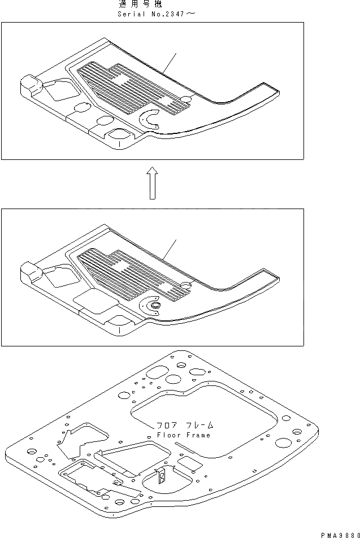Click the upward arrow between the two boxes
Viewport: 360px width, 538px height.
[x=151, y=183]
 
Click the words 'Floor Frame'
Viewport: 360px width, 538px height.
[x=184, y=435]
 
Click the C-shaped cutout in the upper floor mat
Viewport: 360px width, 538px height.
[x=149, y=119]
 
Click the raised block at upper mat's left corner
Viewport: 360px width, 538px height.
[x=31, y=86]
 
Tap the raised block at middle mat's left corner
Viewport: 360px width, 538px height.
[x=31, y=271]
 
